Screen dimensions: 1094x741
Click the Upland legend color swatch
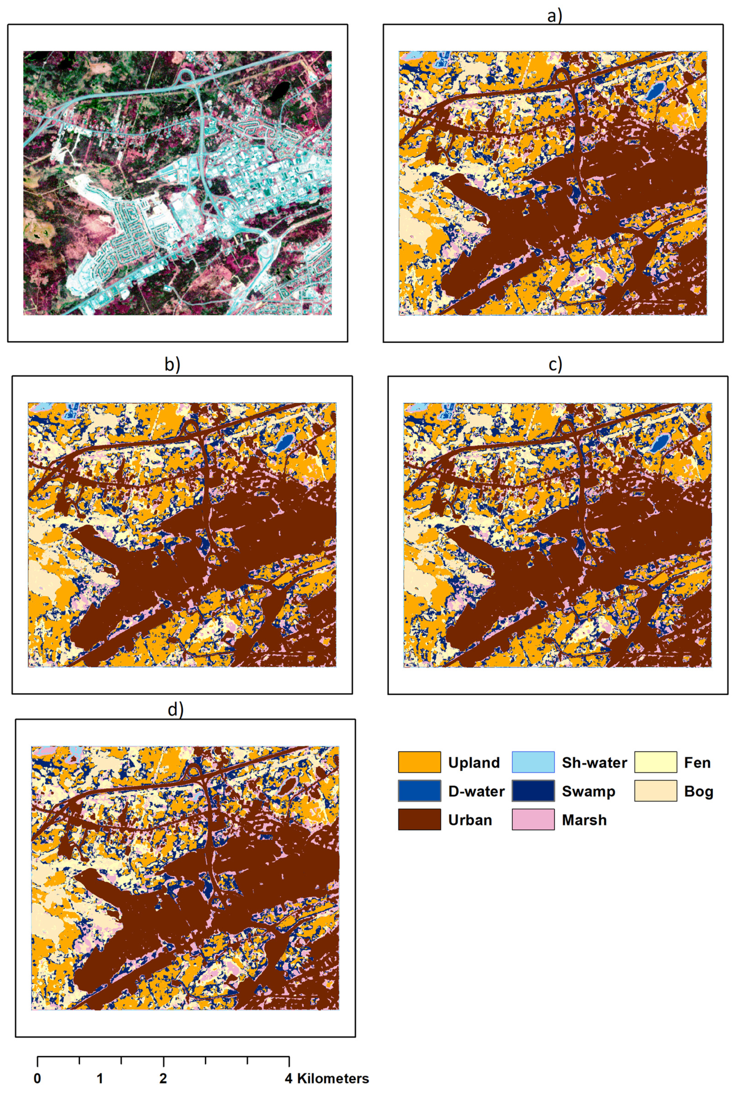pyautogui.click(x=419, y=762)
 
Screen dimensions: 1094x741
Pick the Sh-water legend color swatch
pyautogui.click(x=533, y=762)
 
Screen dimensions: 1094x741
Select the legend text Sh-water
pyautogui.click(x=594, y=762)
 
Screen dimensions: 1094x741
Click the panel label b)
pyautogui.click(x=172, y=364)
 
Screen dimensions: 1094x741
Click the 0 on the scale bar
pyautogui.click(x=38, y=1078)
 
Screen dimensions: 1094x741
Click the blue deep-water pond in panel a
pyautogui.click(x=654, y=91)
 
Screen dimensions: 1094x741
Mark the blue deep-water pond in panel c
pyautogui.click(x=660, y=442)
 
